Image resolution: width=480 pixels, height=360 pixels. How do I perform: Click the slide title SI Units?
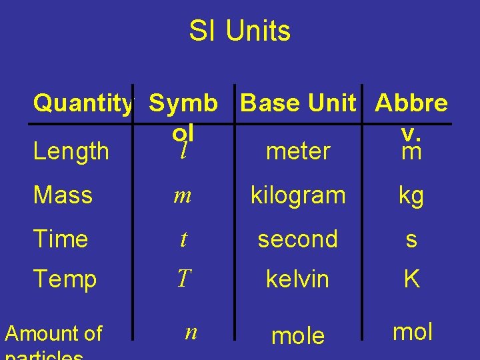click(x=239, y=31)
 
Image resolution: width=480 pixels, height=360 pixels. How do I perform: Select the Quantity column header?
click(x=83, y=103)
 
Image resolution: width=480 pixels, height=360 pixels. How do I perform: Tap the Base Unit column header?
click(x=298, y=103)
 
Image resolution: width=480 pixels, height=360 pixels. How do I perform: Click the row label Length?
click(x=71, y=151)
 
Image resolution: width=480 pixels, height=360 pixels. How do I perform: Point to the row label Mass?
click(x=63, y=195)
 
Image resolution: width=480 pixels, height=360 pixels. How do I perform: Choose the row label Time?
click(x=61, y=239)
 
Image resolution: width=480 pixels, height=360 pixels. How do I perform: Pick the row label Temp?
click(x=65, y=279)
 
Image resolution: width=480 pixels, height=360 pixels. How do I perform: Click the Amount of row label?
click(x=53, y=333)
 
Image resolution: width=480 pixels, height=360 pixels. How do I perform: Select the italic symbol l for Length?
click(x=183, y=152)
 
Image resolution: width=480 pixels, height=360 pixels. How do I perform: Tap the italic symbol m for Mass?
click(x=183, y=196)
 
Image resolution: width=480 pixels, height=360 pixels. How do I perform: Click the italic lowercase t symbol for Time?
click(x=183, y=239)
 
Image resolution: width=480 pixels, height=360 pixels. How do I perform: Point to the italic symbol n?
click(x=191, y=332)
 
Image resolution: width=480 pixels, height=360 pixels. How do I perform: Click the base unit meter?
click(x=297, y=151)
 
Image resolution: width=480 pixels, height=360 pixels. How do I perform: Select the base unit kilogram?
click(x=298, y=196)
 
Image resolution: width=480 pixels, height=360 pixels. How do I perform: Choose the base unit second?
click(x=297, y=239)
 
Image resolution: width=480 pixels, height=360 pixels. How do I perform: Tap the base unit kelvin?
click(x=297, y=279)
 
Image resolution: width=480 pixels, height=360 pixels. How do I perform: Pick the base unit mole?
click(x=297, y=336)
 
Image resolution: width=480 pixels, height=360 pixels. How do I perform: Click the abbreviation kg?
click(x=411, y=196)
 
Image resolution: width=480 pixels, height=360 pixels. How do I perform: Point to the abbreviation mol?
click(x=413, y=331)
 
